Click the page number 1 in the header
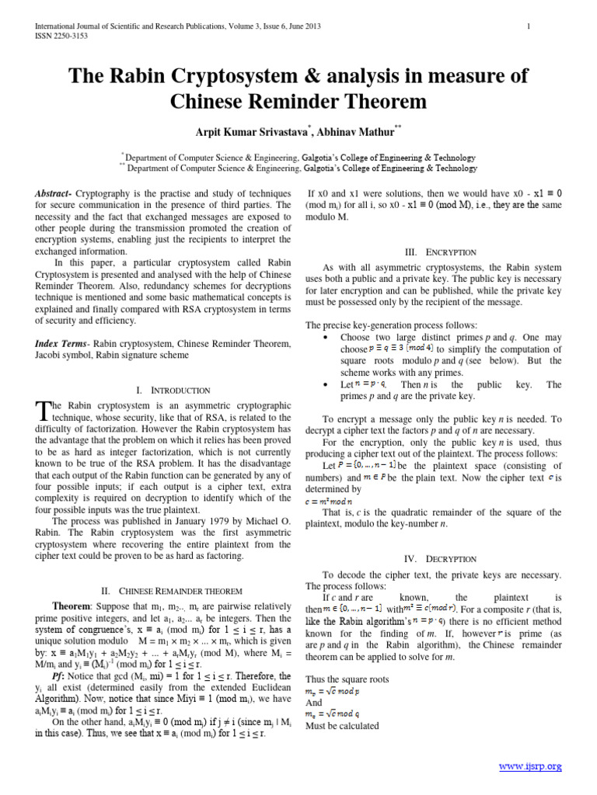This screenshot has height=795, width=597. click(529, 27)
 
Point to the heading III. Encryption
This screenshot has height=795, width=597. click(433, 252)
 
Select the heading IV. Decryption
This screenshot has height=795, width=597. click(433, 558)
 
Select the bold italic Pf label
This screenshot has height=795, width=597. click(58, 675)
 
